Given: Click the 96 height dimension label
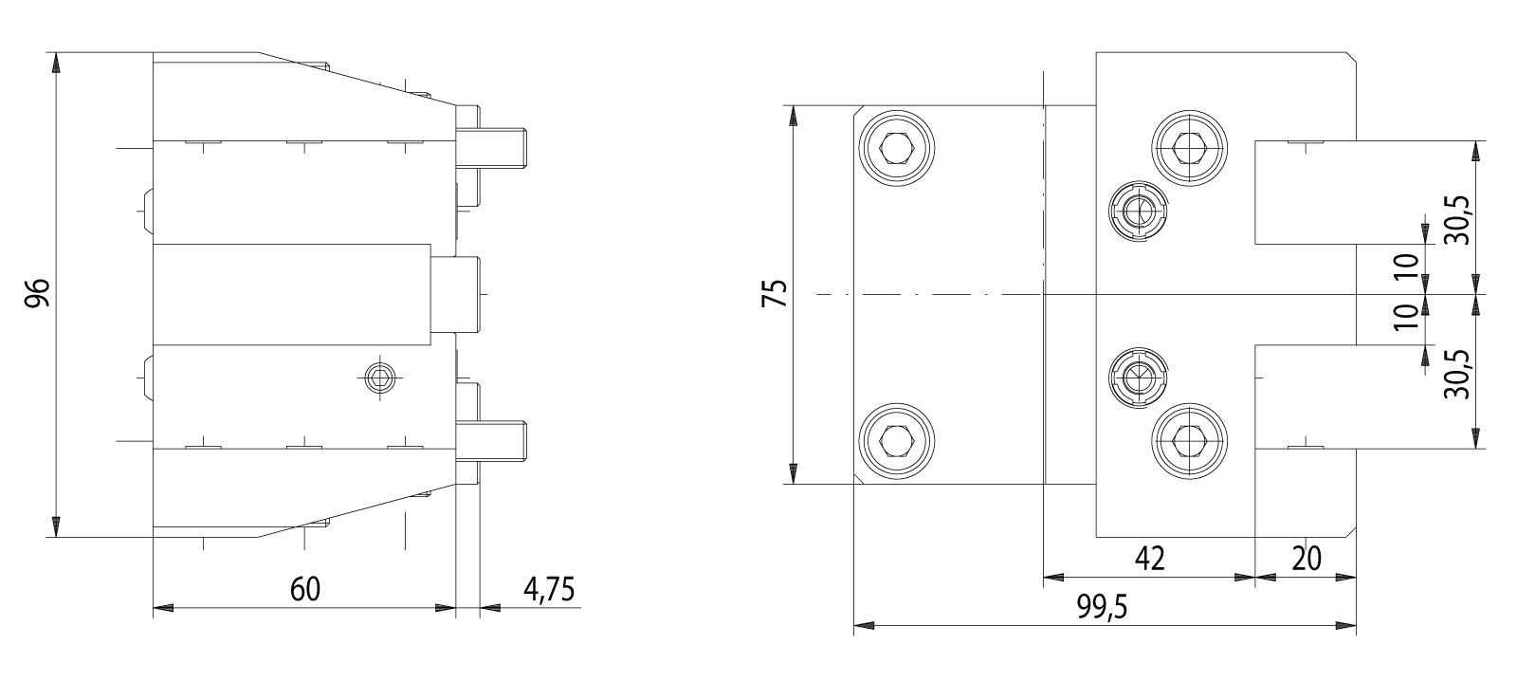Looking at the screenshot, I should [x=37, y=294].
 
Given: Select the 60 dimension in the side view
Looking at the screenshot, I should [x=305, y=589].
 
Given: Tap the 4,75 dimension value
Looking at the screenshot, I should [x=549, y=589].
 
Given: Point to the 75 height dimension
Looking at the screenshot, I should [x=776, y=294].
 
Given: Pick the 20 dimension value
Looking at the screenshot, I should [x=1307, y=559].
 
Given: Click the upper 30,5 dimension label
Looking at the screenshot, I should [x=1458, y=220].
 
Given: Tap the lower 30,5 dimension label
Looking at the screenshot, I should [x=1458, y=372].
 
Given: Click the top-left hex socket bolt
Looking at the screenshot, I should [x=896, y=148].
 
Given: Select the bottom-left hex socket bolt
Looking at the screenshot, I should [x=896, y=439].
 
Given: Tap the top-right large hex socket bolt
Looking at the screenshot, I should [x=1190, y=148].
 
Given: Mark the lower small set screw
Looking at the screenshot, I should [x=1138, y=378].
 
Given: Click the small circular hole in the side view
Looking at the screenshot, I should [x=381, y=378].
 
